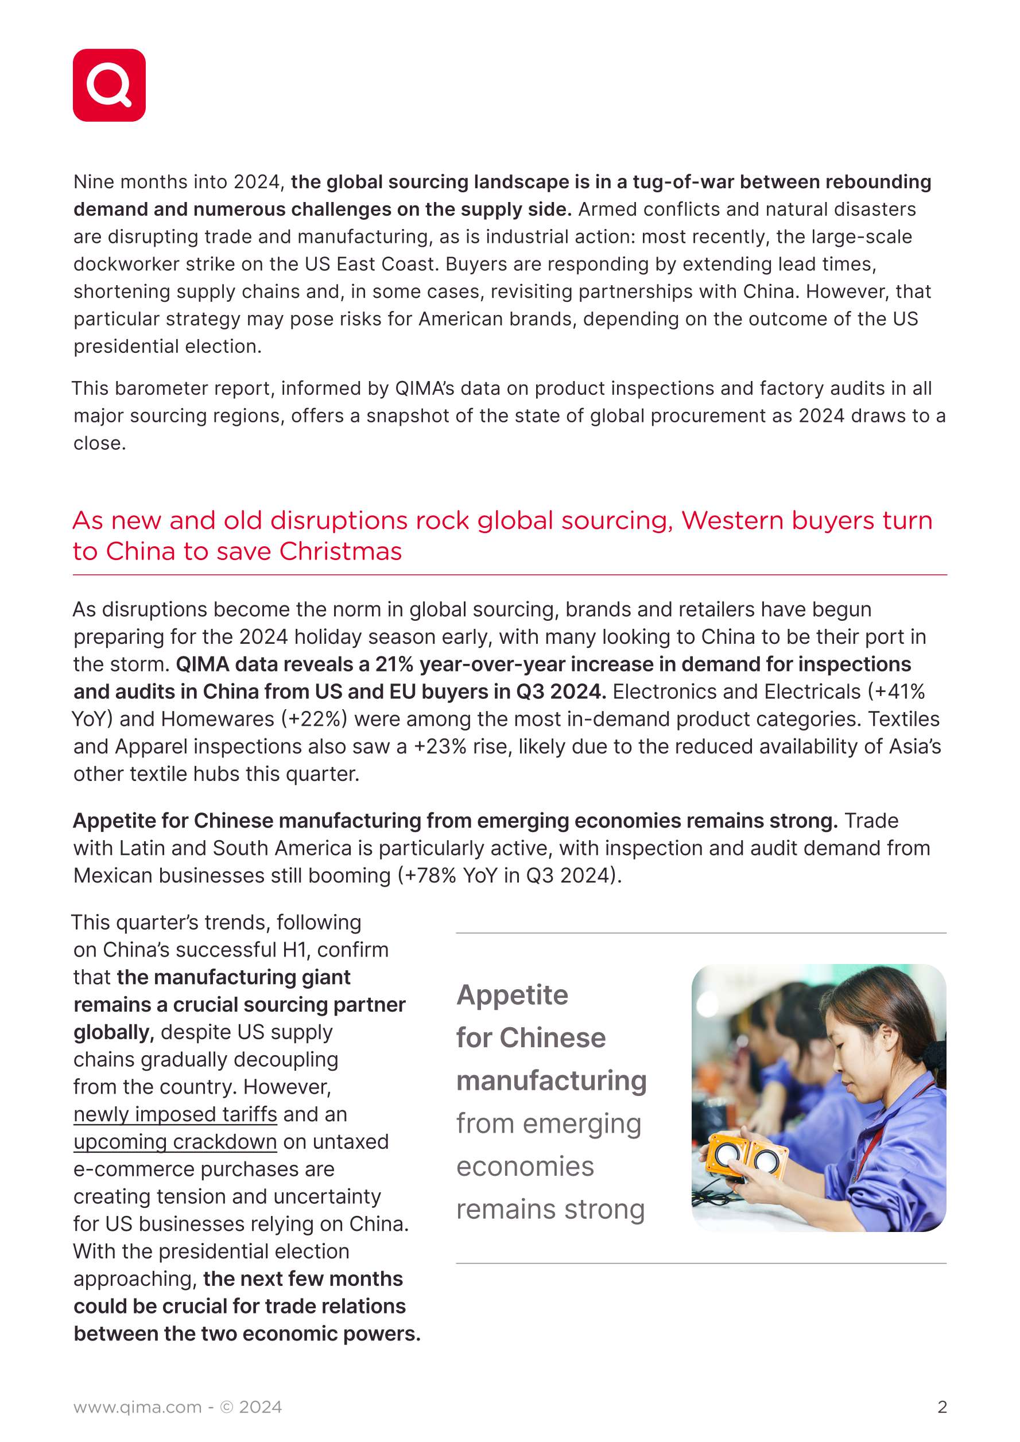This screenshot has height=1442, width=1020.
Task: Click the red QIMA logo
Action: pos(109,85)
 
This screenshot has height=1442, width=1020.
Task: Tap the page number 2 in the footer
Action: pos(941,1407)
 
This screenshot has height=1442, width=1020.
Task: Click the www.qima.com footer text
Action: pos(138,1408)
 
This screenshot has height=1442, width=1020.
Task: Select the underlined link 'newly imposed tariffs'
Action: pos(175,1114)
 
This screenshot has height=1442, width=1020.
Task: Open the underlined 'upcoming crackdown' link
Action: pos(175,1142)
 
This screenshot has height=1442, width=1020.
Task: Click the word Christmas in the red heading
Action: pos(340,551)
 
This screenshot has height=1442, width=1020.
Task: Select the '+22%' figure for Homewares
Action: pos(316,719)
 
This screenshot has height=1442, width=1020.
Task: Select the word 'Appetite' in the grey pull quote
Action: pos(513,995)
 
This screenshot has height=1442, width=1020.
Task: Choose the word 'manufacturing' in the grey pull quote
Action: pos(552,1081)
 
